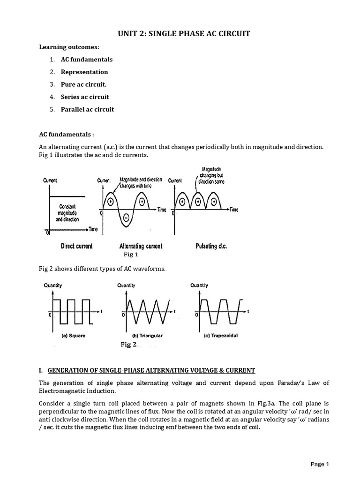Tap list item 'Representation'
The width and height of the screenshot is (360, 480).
[x=84, y=72]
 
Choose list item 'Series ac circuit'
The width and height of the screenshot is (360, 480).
[x=85, y=97]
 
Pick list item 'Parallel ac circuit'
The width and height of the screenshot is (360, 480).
[x=87, y=110]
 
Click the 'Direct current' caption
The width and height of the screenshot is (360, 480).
[x=76, y=246]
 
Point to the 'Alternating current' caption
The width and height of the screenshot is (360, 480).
[x=141, y=246]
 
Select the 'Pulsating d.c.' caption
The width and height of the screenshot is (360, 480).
[x=211, y=246]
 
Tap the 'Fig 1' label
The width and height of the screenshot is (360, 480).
[x=131, y=255]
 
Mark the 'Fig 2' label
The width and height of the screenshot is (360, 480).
[x=128, y=345]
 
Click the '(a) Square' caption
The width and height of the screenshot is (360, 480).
[x=73, y=336]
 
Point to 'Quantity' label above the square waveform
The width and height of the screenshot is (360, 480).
[x=52, y=285]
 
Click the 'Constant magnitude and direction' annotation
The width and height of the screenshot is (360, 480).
[x=71, y=212]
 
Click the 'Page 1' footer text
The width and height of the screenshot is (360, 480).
[x=321, y=464]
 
